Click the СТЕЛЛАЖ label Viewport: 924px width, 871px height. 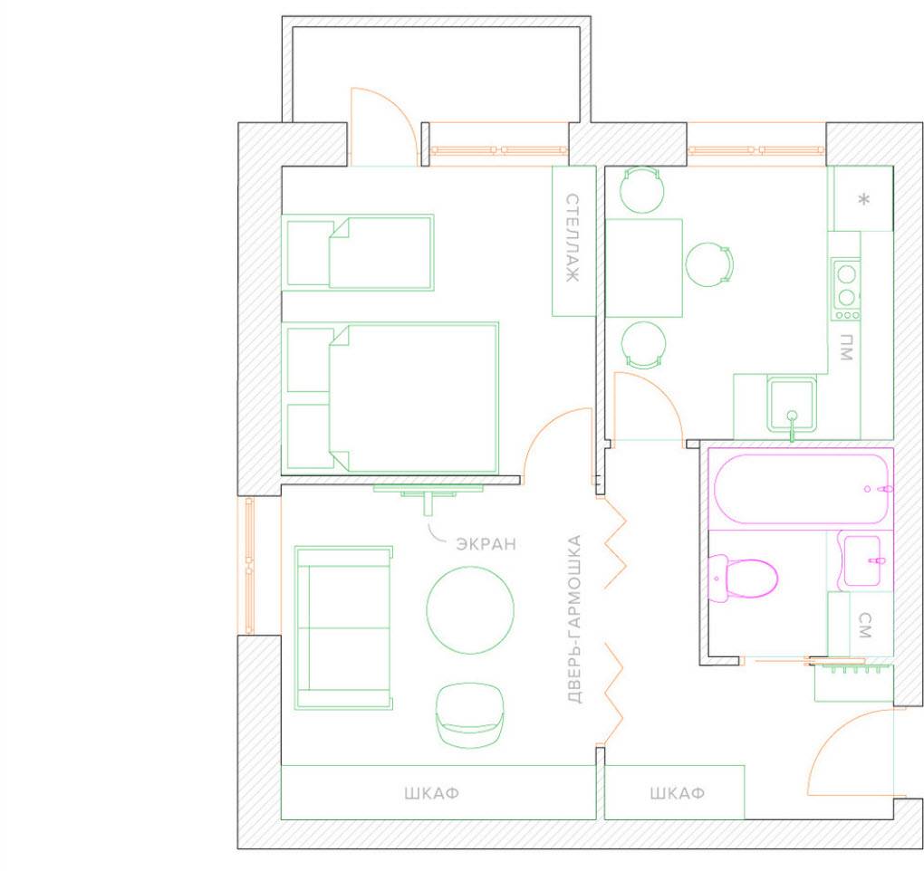[x=573, y=237]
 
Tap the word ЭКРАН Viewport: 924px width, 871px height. [x=486, y=543]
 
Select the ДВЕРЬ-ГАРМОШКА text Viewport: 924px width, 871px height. [x=574, y=619]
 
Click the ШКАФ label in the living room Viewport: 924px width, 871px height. [x=432, y=793]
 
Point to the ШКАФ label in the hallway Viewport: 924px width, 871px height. [x=677, y=793]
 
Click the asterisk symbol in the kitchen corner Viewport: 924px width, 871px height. [x=864, y=199]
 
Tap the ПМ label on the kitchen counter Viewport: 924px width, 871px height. [x=846, y=347]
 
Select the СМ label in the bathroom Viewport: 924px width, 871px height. [x=864, y=626]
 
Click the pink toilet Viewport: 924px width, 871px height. [x=743, y=579]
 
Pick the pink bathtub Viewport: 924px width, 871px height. [x=800, y=488]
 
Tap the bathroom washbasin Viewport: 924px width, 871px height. [x=864, y=561]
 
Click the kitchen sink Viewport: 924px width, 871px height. [x=792, y=405]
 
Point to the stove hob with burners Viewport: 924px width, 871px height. [x=845, y=289]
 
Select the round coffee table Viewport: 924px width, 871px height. [x=470, y=610]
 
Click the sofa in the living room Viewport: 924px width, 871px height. [x=343, y=627]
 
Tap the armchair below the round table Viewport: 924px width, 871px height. [x=469, y=715]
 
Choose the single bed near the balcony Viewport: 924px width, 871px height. [x=358, y=252]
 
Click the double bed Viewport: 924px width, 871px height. [x=390, y=397]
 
